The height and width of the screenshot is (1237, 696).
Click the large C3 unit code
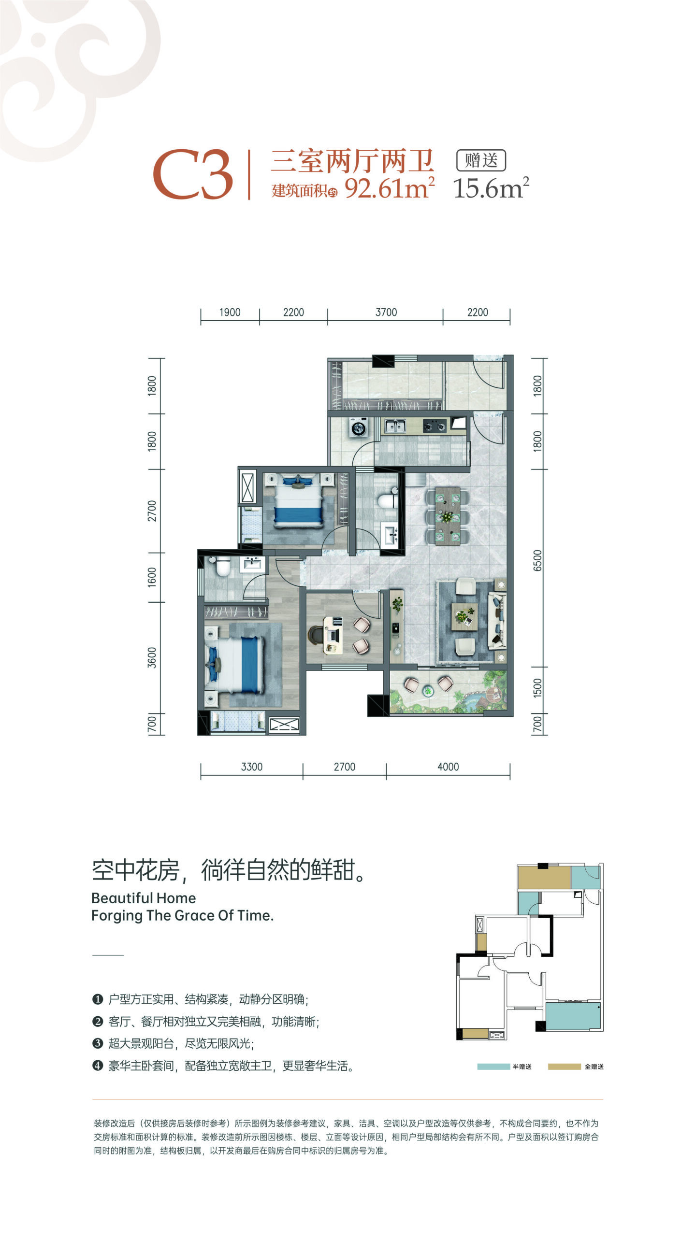pyautogui.click(x=193, y=174)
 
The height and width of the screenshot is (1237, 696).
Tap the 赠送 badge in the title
pyautogui.click(x=481, y=160)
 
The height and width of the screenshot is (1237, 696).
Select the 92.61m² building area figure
pyautogui.click(x=390, y=188)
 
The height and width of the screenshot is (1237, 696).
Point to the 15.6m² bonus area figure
pyautogui.click(x=491, y=188)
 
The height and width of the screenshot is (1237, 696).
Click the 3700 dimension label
pyautogui.click(x=386, y=313)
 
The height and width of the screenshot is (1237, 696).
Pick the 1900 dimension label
pyautogui.click(x=230, y=313)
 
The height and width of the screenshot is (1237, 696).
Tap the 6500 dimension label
pyautogui.click(x=537, y=560)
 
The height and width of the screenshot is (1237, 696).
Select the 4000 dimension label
pyautogui.click(x=448, y=767)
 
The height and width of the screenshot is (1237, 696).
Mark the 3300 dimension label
pyautogui.click(x=252, y=767)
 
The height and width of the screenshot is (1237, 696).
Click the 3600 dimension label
pyautogui.click(x=152, y=657)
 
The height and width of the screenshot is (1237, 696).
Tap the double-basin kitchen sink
pyautogui.click(x=395, y=426)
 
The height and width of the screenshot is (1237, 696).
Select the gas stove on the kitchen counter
pyautogui.click(x=434, y=426)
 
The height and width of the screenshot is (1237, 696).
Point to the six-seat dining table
pyautogui.click(x=448, y=516)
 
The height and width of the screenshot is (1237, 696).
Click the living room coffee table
pyautogui.click(x=464, y=616)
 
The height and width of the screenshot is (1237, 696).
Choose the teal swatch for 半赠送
pyautogui.click(x=493, y=1066)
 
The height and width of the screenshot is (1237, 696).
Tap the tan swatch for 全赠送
pyautogui.click(x=564, y=1066)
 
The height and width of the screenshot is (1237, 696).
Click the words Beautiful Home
pyautogui.click(x=144, y=898)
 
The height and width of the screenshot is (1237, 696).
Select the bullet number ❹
pyautogui.click(x=98, y=1065)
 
